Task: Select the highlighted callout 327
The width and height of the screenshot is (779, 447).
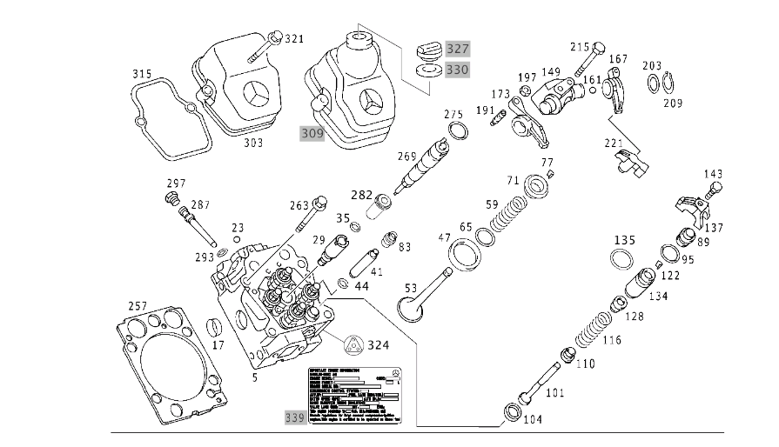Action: tap(457, 48)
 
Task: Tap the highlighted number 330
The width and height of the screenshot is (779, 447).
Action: tap(457, 69)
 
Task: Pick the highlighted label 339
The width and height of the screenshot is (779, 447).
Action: tap(296, 417)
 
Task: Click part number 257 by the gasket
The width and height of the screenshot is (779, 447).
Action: tap(137, 306)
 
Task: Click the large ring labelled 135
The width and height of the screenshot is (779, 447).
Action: tap(622, 259)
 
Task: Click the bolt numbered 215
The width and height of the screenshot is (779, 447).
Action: tap(600, 47)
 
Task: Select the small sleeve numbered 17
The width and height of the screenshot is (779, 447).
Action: tap(214, 331)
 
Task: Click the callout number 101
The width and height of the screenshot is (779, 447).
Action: tap(555, 392)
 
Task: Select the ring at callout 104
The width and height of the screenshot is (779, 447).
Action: tap(513, 412)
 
